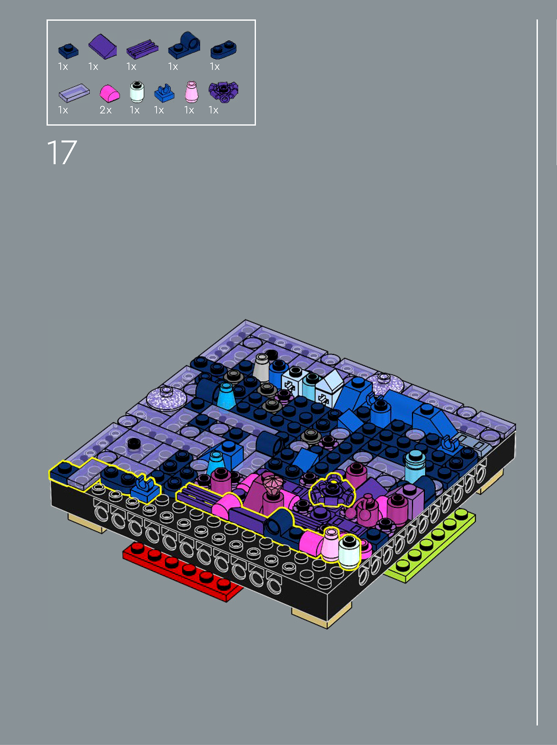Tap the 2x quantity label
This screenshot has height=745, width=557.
(x=105, y=110)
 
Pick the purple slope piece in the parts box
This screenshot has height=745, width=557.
(x=102, y=46)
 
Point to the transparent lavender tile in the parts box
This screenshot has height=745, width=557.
(x=74, y=93)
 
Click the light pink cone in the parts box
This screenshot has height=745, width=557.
(x=192, y=92)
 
